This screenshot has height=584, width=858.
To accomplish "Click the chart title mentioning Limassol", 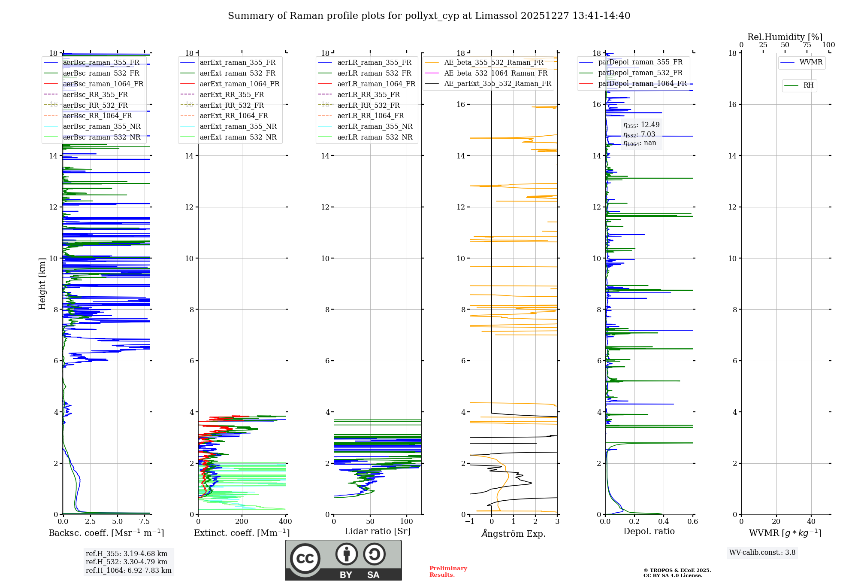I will (429, 16).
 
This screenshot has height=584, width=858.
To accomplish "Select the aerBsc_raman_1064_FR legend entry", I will (103, 84).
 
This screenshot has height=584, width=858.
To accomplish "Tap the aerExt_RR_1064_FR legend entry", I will (233, 116).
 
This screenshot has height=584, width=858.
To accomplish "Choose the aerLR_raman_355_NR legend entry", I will (375, 126).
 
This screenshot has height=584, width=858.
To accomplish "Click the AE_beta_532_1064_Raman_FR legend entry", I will (495, 73).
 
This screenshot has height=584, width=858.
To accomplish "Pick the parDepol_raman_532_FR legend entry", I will (640, 73).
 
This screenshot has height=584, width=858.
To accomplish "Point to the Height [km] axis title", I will (42, 283).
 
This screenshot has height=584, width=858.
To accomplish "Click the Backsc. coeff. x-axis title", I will (106, 533).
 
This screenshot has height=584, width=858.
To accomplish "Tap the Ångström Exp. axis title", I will (514, 533).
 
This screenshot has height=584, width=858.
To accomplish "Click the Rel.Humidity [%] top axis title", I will (785, 37).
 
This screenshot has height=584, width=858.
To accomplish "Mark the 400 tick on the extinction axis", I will (285, 521).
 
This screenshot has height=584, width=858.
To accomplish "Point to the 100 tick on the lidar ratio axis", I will (406, 521).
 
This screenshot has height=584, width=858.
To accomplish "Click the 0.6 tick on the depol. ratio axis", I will (692, 521).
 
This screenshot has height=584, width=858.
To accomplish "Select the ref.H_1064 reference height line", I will (128, 570).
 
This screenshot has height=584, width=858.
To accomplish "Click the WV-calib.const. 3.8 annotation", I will (762, 552).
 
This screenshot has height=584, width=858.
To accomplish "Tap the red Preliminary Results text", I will (448, 571).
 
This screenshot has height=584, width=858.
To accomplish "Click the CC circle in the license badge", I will (305, 558).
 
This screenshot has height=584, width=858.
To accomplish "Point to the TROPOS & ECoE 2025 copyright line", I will (677, 570).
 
